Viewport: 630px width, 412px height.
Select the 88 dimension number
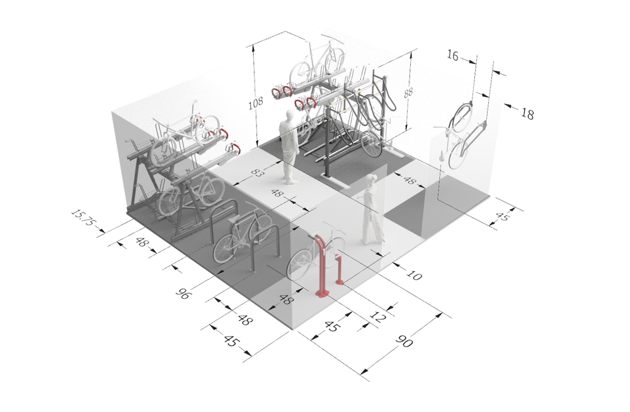click(408, 92)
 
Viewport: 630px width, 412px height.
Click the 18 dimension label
click(527, 114)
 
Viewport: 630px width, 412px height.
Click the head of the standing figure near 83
click(287, 116)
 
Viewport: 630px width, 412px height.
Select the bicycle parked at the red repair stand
click(309, 255)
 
